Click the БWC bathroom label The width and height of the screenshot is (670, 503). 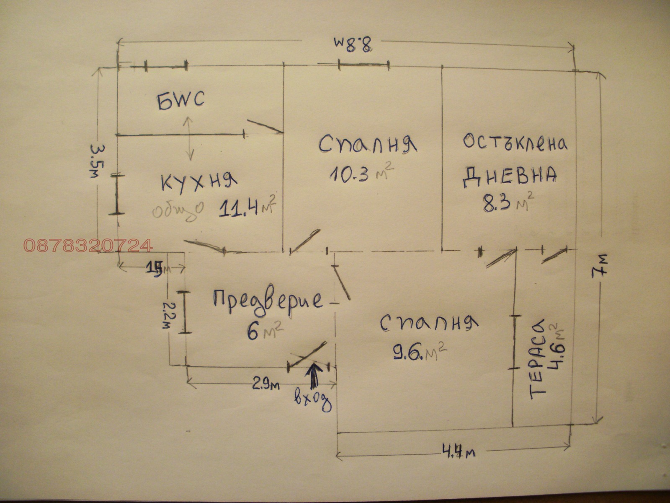tap(181, 101)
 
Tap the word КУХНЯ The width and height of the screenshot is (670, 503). tap(199, 182)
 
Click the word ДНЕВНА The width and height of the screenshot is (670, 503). tap(510, 176)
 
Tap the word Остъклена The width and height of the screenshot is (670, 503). tap(515, 143)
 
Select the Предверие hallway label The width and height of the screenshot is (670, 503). tap(268, 301)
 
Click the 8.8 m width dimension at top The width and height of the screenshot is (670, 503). tap(353, 43)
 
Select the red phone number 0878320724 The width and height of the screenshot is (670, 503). tap(88, 245)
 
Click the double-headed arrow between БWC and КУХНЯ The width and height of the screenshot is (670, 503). tap(188, 138)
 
